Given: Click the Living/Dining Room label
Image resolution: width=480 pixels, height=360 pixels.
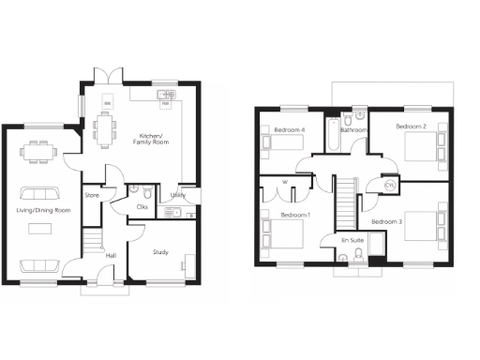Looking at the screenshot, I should [x=43, y=210].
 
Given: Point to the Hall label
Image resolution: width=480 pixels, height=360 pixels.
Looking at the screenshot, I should [x=111, y=254].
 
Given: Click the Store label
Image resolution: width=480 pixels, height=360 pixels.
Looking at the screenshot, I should [x=92, y=195].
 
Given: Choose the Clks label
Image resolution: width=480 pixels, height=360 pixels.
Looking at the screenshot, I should [x=142, y=206].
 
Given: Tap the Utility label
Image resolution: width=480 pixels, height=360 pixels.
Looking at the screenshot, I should [x=178, y=195].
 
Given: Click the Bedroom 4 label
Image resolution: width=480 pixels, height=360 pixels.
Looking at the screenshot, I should [x=290, y=128].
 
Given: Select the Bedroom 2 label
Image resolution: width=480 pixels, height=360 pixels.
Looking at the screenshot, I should [x=411, y=126].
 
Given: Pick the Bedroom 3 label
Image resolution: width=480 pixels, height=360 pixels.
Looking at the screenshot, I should [x=387, y=221].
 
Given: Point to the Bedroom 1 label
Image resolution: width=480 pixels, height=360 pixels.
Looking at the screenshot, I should [x=295, y=216].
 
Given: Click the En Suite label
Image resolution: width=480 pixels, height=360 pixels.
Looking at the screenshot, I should [x=352, y=240].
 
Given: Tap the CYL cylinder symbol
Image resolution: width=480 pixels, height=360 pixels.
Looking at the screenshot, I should [x=390, y=187].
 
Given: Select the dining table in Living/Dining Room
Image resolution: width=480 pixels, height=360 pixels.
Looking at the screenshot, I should [x=39, y=151].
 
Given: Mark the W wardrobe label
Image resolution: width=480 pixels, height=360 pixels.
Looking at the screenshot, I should [x=284, y=182].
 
